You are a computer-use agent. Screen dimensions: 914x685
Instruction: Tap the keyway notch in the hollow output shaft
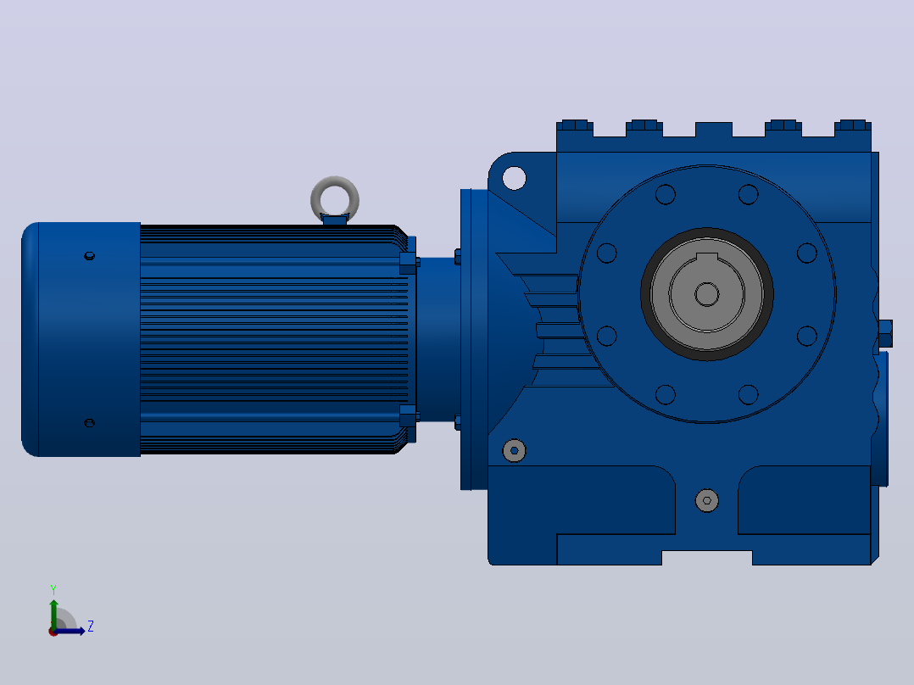tap(707, 257)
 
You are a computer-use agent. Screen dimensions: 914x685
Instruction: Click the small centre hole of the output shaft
tap(707, 294)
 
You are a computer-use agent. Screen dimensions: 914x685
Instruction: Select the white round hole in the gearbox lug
tap(514, 178)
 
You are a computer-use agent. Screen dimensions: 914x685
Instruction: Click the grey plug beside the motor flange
tap(514, 451)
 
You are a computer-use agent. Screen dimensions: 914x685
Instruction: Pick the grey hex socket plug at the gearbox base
tap(707, 501)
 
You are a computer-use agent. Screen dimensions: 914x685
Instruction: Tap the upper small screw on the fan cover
tap(89, 255)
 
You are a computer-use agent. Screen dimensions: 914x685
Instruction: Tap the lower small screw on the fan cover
tap(89, 423)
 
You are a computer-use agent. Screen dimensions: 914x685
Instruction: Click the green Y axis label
tap(53, 589)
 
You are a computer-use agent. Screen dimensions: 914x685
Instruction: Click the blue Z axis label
tap(91, 627)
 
